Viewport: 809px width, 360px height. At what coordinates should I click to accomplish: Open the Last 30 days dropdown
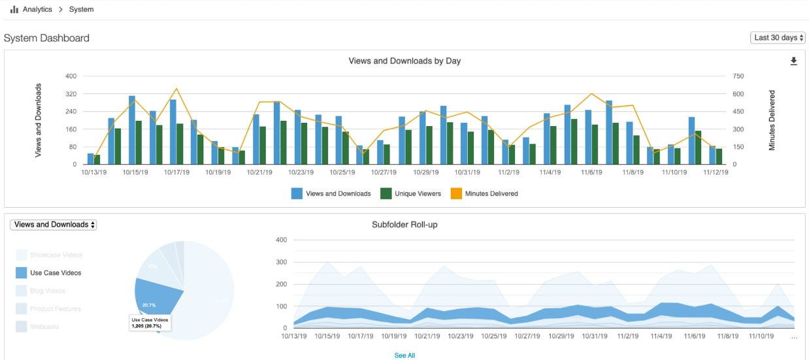(778, 38)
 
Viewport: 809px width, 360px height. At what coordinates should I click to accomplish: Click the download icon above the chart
(794, 61)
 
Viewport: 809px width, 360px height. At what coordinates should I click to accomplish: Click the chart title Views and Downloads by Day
(404, 61)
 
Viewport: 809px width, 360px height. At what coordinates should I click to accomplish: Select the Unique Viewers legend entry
(412, 193)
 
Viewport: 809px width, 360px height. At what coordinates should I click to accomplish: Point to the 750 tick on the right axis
(738, 76)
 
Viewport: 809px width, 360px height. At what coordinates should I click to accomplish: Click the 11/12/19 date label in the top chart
(716, 172)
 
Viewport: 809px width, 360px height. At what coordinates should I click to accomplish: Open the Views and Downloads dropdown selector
(54, 225)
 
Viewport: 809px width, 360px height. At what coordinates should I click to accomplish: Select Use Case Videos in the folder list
(56, 273)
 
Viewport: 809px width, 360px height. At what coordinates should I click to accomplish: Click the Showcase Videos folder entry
(56, 255)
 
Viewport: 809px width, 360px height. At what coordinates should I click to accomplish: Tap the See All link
(404, 355)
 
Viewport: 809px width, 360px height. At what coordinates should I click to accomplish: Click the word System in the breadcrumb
(82, 10)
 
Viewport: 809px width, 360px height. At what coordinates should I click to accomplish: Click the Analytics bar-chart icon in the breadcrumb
(14, 10)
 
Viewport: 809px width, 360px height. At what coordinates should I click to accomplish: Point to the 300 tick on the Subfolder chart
(282, 262)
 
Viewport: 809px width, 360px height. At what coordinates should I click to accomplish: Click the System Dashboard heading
(46, 39)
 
